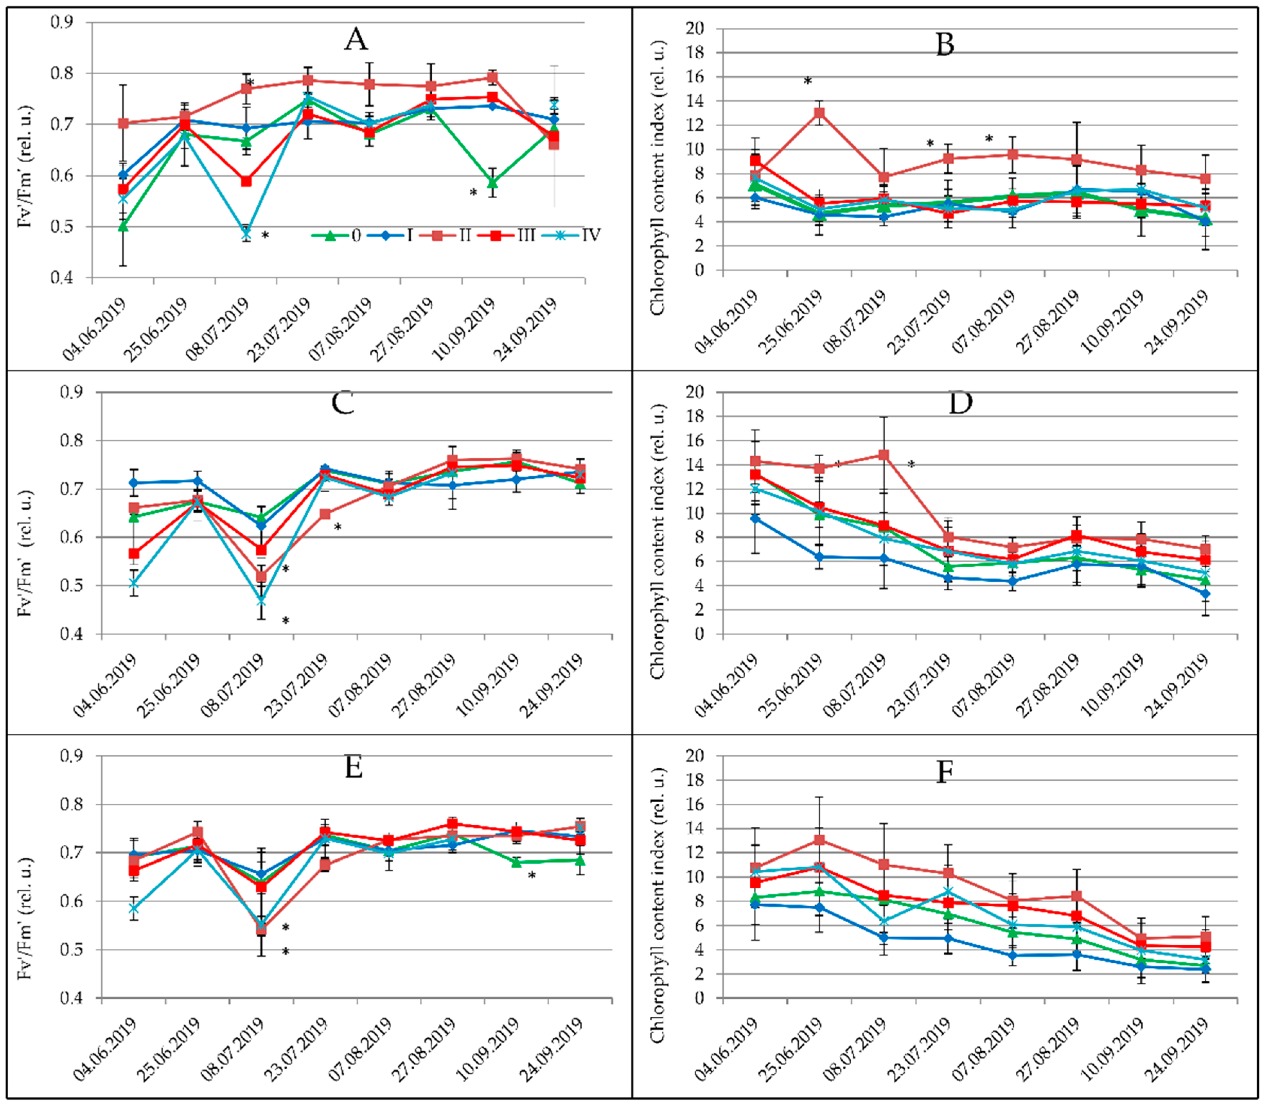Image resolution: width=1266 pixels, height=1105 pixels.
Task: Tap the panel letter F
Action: (x=945, y=771)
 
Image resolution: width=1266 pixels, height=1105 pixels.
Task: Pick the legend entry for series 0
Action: (x=337, y=235)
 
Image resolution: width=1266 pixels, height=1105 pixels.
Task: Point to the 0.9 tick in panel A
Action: (x=62, y=22)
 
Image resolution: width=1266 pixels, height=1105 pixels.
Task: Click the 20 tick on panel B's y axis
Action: (x=695, y=28)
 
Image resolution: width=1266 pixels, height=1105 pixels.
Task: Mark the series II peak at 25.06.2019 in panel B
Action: (x=819, y=113)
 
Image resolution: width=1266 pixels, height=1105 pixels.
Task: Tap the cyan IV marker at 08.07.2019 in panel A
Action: (x=246, y=235)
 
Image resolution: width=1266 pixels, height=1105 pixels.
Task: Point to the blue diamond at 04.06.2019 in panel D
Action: (x=755, y=519)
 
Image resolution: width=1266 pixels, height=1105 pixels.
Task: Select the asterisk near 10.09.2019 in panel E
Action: (x=532, y=876)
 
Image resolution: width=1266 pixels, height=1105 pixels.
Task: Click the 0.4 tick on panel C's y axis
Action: (x=72, y=634)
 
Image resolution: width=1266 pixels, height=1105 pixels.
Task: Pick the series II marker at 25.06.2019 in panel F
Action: (x=819, y=840)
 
